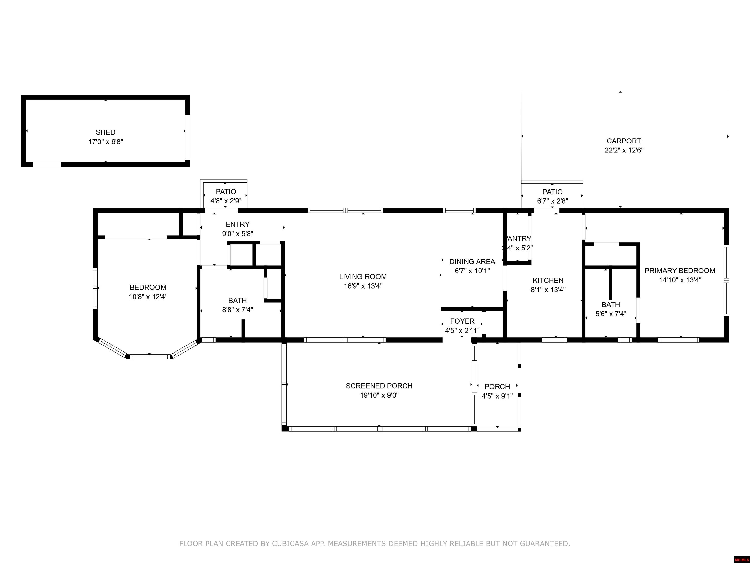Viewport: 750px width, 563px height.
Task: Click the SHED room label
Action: click(105, 132)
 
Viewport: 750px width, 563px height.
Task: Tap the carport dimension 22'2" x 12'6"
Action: click(624, 150)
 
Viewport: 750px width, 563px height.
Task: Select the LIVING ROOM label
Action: click(363, 277)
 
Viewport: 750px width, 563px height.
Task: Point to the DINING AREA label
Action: click(472, 262)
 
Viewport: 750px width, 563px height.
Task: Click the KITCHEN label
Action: click(548, 280)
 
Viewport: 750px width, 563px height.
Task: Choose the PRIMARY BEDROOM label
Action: click(680, 271)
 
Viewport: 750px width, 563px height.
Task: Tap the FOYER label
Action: click(462, 321)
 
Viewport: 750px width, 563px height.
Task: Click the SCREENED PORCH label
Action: click(379, 386)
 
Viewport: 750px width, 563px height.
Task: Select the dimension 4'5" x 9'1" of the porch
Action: click(497, 396)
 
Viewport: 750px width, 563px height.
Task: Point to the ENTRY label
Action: click(237, 224)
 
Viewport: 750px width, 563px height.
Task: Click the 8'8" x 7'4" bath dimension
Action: click(237, 310)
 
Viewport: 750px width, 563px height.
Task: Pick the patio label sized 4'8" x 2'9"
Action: click(226, 192)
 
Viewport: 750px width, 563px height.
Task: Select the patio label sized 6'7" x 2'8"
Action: click(552, 192)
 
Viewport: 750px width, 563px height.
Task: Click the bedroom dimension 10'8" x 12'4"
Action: click(148, 297)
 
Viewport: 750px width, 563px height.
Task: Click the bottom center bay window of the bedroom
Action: click(149, 357)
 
